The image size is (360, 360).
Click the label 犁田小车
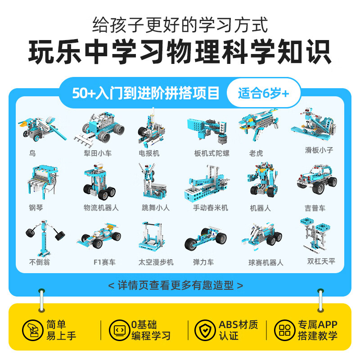point(98,153)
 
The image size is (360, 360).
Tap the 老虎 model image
point(259,125)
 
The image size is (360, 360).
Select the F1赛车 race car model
point(99,236)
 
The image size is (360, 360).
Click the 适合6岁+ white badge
point(264,93)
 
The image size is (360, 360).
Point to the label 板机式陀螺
point(211,153)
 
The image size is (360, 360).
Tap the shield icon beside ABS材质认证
point(205,330)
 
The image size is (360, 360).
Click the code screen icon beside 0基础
point(120,330)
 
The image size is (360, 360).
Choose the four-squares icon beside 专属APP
point(285,330)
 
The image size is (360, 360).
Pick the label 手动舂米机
point(211,208)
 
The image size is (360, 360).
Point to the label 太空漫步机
point(156,262)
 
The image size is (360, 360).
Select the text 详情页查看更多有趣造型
point(175,285)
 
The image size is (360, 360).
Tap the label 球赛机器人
point(266,262)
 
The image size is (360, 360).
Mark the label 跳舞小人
point(156,208)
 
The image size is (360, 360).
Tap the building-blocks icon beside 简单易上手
point(32,330)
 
